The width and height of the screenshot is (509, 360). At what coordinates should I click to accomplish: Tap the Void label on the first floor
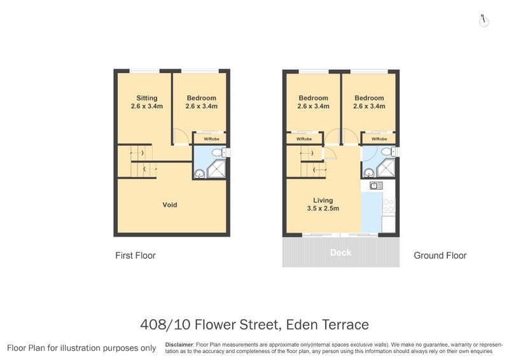pos(169,205)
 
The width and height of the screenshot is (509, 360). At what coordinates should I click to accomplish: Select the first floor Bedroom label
pos(202,102)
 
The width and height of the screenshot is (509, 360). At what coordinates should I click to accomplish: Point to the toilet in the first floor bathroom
pos(218,153)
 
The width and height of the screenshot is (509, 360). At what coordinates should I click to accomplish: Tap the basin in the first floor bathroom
pos(199,172)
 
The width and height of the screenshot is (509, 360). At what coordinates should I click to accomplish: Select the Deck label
pos(340,253)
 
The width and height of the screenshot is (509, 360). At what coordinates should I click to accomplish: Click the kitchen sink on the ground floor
pos(375,186)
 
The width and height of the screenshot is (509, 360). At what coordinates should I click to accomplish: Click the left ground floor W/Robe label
pos(303,139)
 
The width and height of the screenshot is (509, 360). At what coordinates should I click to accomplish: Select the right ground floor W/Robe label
pos(379,139)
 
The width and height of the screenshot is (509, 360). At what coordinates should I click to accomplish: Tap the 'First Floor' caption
pos(135,256)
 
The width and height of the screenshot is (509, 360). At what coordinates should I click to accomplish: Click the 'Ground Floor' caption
pos(440,256)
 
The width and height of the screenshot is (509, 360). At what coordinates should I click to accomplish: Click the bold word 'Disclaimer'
pos(179,344)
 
